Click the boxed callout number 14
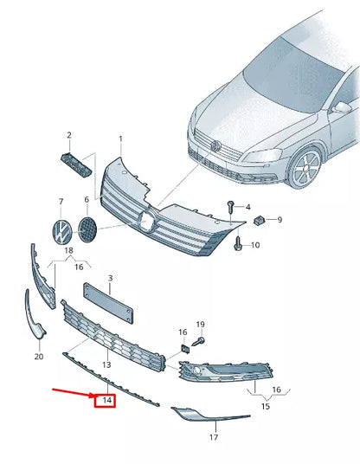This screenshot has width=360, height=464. tap(106, 400)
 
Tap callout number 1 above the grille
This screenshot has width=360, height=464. tap(121, 139)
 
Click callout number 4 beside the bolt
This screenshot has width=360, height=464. tap(247, 208)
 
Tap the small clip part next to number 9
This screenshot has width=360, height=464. tap(258, 220)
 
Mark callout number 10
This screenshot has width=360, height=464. tap(255, 245)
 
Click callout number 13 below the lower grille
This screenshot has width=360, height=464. tap(107, 365)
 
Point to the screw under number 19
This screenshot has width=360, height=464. tap(197, 342)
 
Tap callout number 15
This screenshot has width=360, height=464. tap(266, 406)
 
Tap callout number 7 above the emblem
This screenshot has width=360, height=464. tap(61, 202)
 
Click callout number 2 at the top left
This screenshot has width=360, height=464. tap(69, 135)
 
